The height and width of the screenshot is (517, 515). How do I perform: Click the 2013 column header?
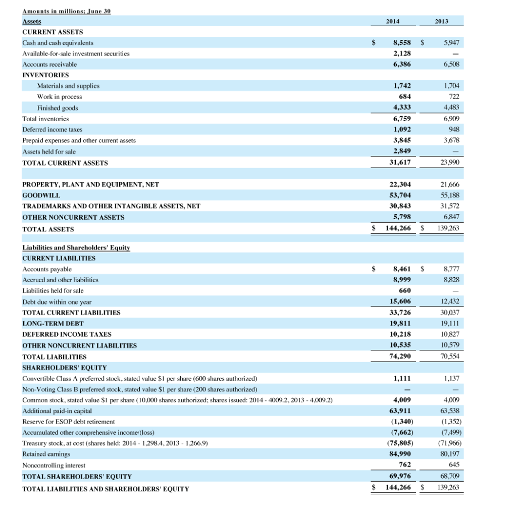tap(442, 22)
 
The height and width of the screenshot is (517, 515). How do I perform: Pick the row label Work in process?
tap(59, 96)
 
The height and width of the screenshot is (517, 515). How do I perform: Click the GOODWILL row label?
tap(41, 195)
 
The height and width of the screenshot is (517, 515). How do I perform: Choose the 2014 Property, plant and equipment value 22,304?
tap(399, 184)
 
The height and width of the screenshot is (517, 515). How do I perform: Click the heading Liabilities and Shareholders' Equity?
tap(76, 247)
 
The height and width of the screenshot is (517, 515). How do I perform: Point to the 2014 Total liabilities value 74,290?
tap(399, 356)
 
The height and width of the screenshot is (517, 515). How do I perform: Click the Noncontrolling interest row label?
tap(54, 465)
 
